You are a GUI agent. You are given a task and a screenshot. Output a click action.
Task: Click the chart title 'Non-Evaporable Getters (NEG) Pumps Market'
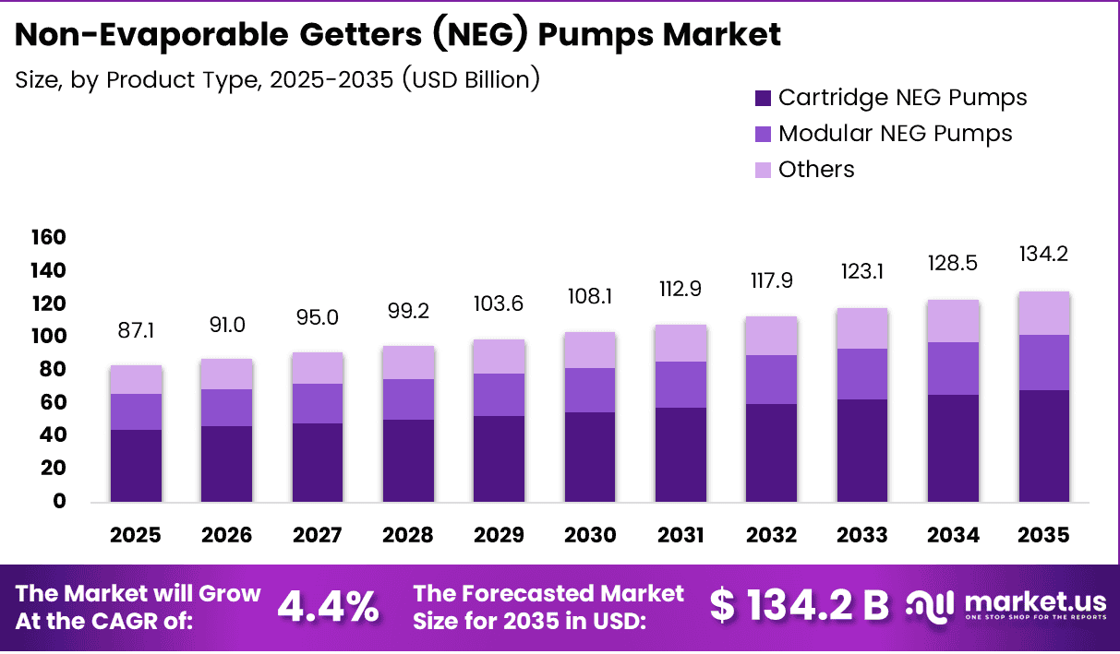[x=398, y=35]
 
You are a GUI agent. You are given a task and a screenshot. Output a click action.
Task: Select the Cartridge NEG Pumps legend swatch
[x=763, y=98]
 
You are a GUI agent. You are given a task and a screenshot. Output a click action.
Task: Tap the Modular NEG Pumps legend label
[x=895, y=134]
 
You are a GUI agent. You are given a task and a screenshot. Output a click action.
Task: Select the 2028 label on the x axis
[x=408, y=536]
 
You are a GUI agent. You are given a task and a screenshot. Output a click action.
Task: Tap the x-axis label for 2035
[x=1043, y=536]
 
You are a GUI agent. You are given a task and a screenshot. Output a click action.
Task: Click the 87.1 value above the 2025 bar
[x=136, y=330]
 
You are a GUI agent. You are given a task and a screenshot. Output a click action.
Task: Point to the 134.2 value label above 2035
[x=1043, y=254]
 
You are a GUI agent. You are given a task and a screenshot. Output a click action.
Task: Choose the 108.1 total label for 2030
[x=589, y=297]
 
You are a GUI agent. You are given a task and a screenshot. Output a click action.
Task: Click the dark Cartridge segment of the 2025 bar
[x=136, y=466]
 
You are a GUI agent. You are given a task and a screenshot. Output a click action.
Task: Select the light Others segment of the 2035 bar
[x=1043, y=313]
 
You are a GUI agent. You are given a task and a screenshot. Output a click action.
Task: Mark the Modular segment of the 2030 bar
[x=589, y=390]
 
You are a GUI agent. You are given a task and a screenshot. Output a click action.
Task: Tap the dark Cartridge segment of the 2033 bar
[x=861, y=450]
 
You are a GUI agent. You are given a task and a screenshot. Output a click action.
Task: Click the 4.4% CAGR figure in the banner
[x=328, y=606]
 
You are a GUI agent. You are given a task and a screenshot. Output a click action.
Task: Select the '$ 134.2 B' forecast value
[x=800, y=606]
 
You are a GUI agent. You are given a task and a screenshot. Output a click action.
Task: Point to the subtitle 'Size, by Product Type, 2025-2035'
[x=277, y=79]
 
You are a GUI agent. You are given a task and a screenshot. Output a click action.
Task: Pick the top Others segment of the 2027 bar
[x=318, y=368]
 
